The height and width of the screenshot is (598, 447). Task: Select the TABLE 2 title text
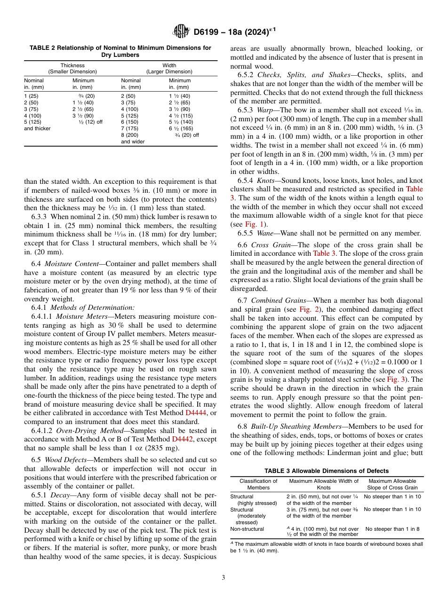(120, 51)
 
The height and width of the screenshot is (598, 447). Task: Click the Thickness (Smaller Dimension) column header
(72, 69)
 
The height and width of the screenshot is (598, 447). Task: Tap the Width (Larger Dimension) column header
(169, 69)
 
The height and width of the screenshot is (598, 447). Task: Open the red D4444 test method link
(194, 413)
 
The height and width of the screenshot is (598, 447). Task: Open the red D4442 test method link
(181, 439)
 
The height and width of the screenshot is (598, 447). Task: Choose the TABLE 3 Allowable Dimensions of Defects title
(327, 471)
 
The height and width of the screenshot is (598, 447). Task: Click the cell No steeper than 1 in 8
(392, 529)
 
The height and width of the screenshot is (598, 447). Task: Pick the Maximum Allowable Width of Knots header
(324, 484)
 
